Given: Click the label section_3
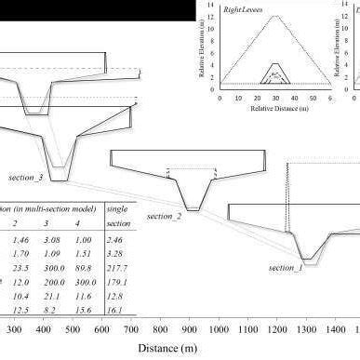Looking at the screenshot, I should tap(26, 177).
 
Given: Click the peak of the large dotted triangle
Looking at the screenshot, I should tap(275, 16).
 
